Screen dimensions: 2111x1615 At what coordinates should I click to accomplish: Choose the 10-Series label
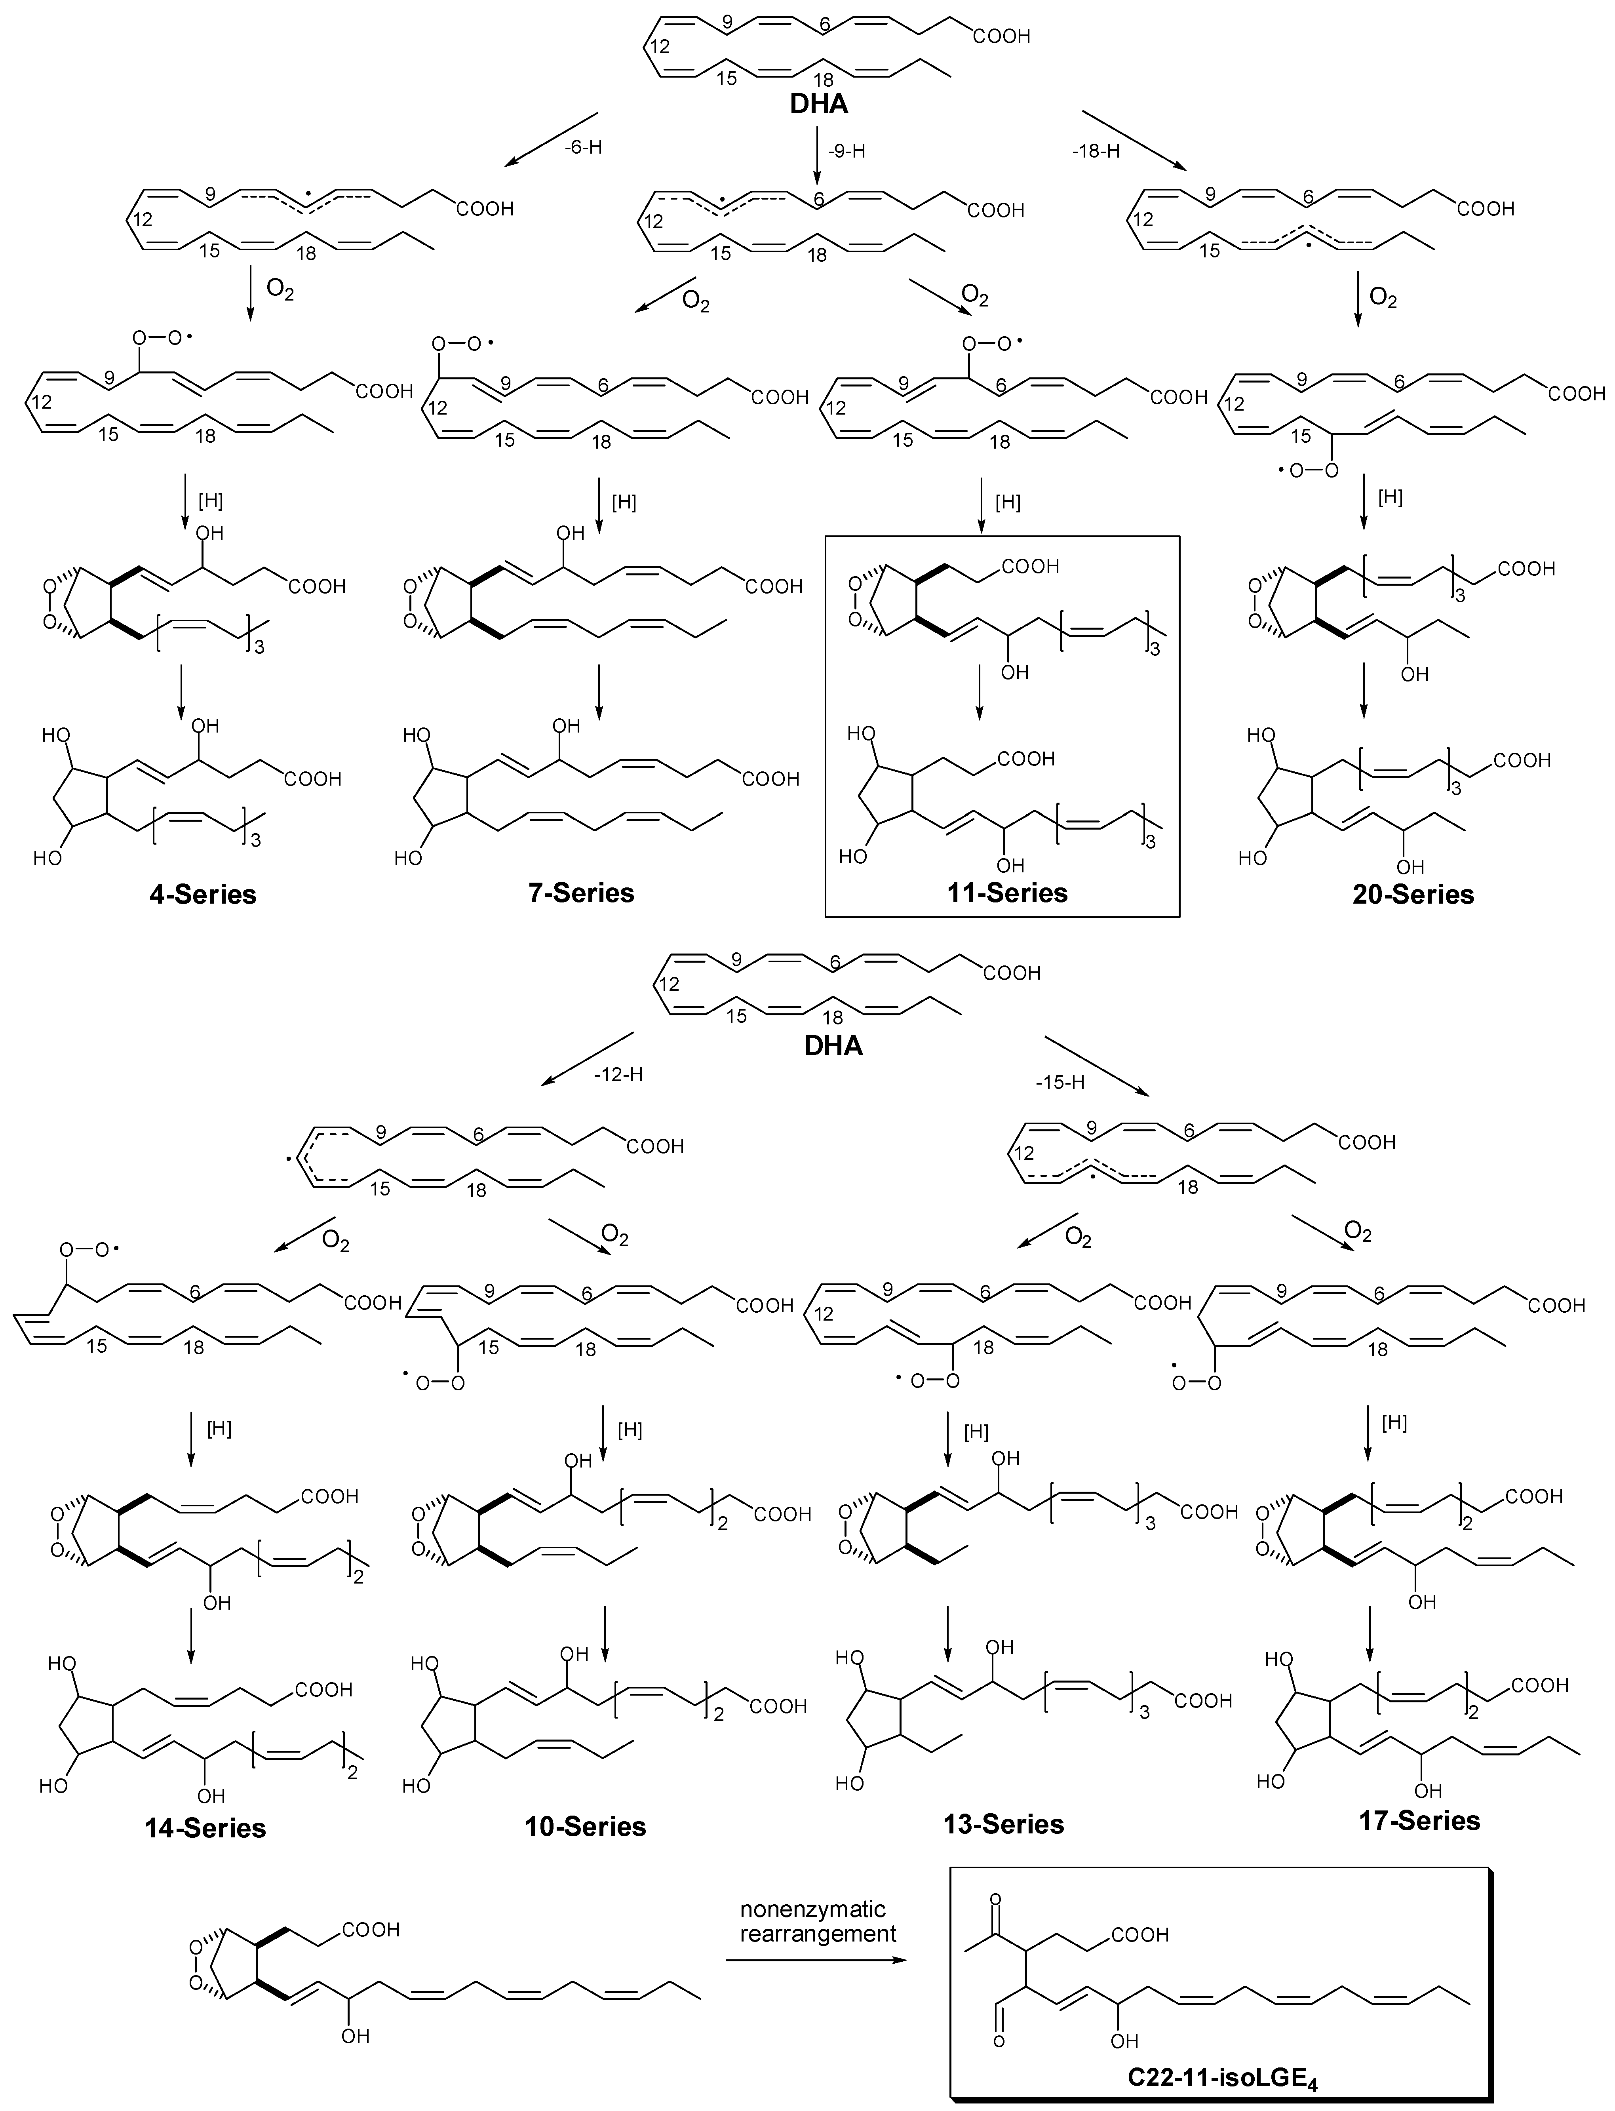[x=586, y=1825]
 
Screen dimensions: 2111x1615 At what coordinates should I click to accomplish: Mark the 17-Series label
[x=1419, y=1820]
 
